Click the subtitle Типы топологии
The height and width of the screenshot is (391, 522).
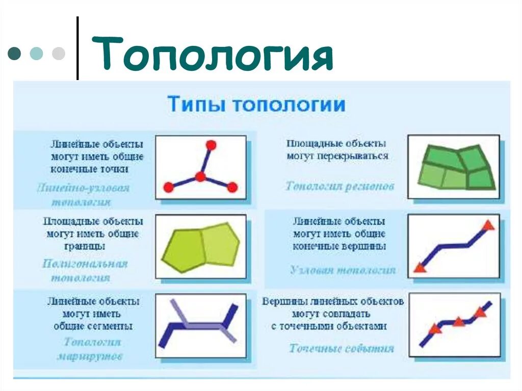click(256, 105)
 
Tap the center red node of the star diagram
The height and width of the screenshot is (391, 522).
click(200, 177)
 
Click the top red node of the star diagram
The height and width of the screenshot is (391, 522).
click(211, 145)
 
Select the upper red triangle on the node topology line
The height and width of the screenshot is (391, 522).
click(488, 225)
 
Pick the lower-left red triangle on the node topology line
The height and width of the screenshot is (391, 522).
click(420, 267)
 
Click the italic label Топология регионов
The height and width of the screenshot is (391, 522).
click(340, 186)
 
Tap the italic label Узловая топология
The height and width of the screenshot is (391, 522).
click(343, 270)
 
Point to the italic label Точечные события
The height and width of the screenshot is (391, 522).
click(342, 349)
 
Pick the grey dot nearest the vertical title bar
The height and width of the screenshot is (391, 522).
click(59, 54)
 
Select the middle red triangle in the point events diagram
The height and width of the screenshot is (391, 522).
click(458, 322)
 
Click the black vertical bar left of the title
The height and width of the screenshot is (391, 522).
click(77, 48)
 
